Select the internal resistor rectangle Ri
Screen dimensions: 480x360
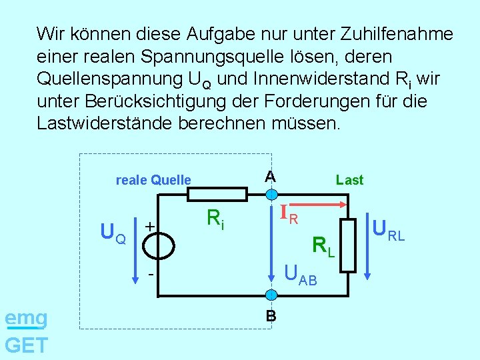[217, 194]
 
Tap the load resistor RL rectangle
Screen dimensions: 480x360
[347, 245]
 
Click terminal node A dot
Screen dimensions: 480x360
[271, 195]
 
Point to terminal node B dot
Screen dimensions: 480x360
[271, 294]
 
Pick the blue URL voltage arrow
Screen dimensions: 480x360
[367, 243]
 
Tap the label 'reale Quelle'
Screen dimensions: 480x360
[153, 180]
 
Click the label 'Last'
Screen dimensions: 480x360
[350, 180]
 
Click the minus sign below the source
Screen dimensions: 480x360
[151, 274]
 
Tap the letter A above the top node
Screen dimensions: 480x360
[269, 176]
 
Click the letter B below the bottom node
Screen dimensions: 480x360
[271, 316]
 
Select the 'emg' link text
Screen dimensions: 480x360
[26, 319]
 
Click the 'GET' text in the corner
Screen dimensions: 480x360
[26, 345]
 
